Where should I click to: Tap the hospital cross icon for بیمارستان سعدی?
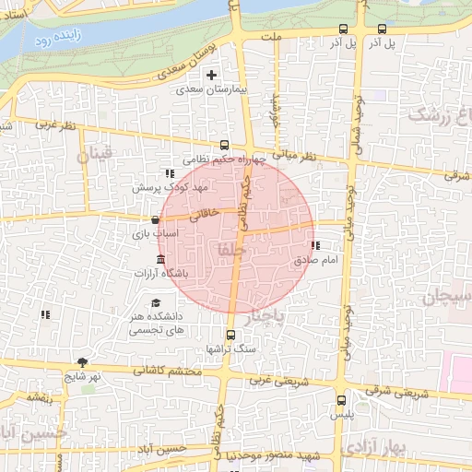(x=212, y=75)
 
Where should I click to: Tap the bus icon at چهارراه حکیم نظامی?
(x=224, y=145)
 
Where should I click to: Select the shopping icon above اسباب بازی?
(x=155, y=220)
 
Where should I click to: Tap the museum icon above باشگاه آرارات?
(x=161, y=258)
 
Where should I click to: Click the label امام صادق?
(x=317, y=261)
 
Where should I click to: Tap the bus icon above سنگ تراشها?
(x=230, y=335)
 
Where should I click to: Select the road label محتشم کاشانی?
(x=166, y=371)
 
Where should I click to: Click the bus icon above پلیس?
(x=343, y=401)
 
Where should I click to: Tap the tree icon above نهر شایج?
(x=83, y=362)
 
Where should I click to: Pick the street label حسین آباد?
(x=171, y=449)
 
